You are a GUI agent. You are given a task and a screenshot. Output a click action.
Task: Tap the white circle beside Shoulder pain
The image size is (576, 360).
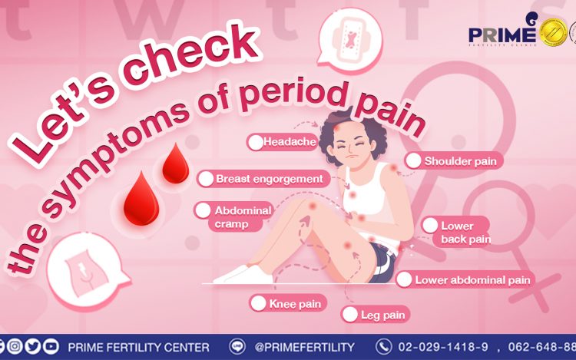pos(413,160)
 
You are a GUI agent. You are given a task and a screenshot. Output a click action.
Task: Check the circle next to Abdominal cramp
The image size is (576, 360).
pos(203,210)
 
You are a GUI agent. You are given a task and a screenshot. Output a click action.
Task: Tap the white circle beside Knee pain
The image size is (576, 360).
pos(258,303)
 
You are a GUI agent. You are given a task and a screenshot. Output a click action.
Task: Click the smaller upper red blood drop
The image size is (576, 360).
pos(176,163)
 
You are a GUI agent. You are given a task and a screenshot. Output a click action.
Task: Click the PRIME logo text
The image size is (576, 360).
pos(502,35)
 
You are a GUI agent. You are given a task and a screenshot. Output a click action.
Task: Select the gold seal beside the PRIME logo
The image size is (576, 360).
pos(553,32)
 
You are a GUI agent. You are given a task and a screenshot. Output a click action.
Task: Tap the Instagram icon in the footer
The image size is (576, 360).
pos(15,346)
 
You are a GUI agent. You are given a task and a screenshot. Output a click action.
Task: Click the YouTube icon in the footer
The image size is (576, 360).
pos(51,346)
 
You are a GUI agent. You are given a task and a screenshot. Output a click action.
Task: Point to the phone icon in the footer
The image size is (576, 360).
pos(383,347)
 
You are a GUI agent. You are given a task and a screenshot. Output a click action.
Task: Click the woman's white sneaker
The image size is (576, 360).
pos(243,275)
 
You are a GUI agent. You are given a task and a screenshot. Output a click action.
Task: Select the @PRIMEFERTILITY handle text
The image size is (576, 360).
pos(304,347)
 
